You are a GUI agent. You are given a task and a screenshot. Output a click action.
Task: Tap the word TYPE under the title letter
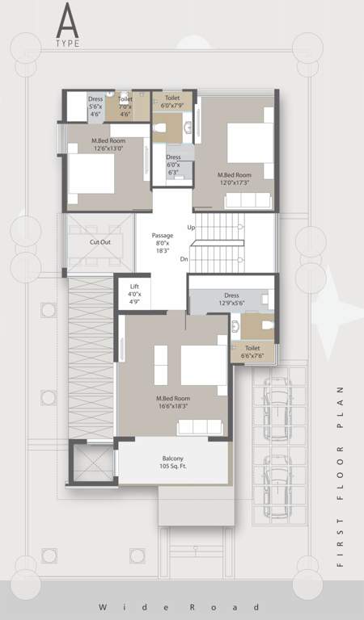[x=68, y=44]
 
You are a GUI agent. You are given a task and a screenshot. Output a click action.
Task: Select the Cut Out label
[x=100, y=241]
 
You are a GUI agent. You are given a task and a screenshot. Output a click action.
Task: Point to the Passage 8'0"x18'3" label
[x=163, y=243]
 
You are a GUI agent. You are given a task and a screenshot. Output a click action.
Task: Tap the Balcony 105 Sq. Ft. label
[x=173, y=462]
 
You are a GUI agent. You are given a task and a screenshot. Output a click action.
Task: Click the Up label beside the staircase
[x=191, y=227]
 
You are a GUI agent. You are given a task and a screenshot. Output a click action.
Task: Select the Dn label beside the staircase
[x=184, y=259]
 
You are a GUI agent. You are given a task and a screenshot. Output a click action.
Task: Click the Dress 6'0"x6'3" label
[x=173, y=164]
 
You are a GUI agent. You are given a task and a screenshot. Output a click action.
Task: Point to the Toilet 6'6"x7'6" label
[x=252, y=351]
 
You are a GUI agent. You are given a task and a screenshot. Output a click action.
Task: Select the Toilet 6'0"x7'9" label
[x=172, y=102]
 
